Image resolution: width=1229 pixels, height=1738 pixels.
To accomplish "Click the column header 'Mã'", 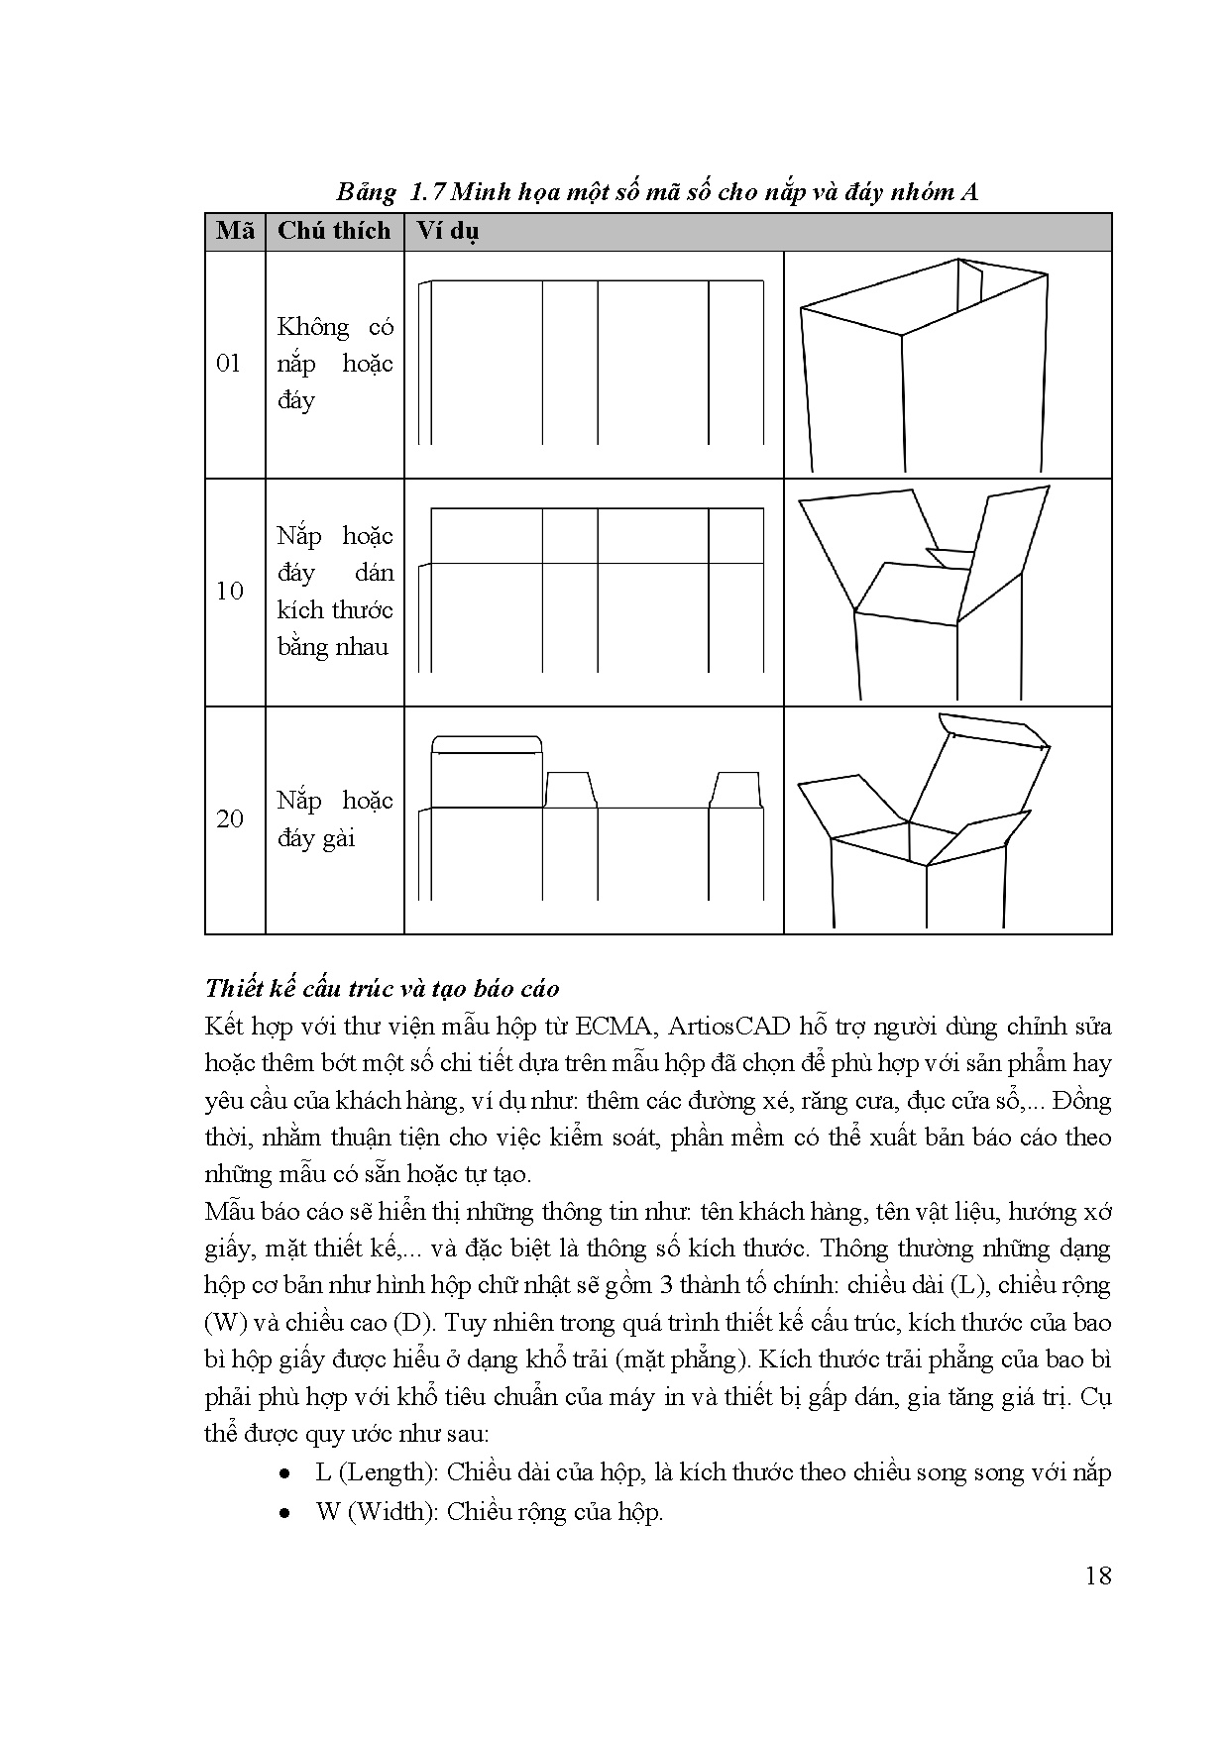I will point(235,232).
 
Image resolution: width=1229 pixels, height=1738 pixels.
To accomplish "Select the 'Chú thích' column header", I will point(334,232).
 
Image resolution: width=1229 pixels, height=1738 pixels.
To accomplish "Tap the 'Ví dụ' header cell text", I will point(447,233).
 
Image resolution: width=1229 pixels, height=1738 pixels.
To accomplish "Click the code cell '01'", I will point(229,364).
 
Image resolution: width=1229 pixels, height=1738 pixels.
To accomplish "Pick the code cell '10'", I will point(229,592).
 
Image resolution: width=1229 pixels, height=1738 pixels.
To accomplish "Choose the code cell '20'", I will point(229,818).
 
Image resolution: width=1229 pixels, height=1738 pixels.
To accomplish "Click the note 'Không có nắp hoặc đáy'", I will point(335,364).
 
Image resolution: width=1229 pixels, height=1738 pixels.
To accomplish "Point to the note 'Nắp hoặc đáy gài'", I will point(335,818).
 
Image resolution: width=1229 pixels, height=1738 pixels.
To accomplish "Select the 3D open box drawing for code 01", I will point(925,366).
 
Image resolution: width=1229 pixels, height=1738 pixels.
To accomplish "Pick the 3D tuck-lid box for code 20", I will point(925,820).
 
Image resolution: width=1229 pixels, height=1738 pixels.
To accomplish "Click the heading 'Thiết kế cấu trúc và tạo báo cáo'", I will point(382,988).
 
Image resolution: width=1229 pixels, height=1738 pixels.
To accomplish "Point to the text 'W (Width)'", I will point(377,1512).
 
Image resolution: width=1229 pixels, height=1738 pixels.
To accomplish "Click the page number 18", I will point(1098,1575).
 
